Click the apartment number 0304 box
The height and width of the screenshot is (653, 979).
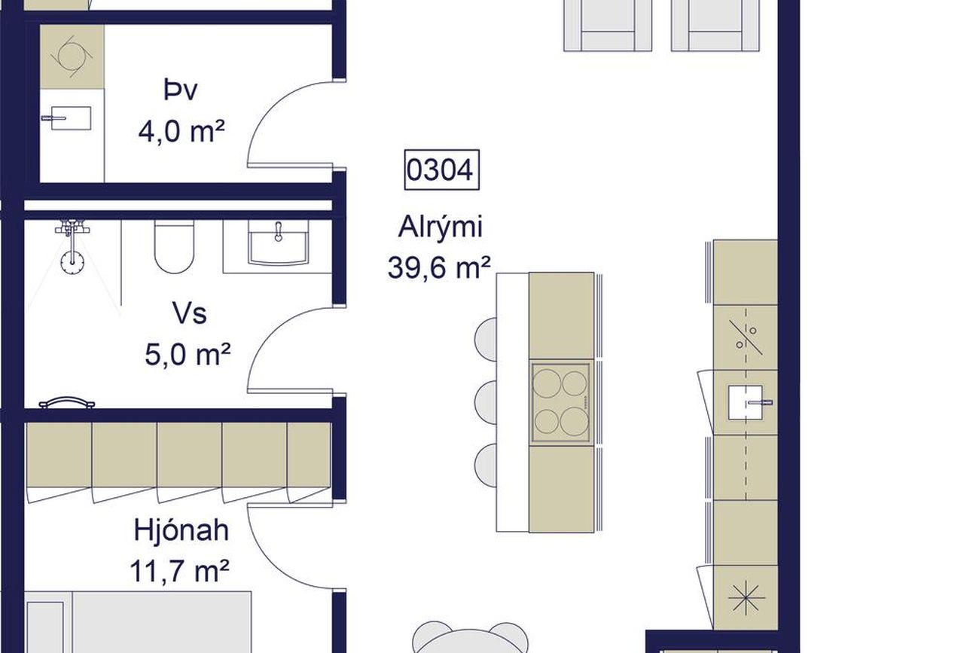click(x=441, y=169)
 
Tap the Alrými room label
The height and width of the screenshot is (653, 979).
click(x=440, y=227)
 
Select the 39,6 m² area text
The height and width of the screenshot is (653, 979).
click(x=439, y=267)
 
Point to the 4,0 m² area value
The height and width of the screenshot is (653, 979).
click(x=181, y=131)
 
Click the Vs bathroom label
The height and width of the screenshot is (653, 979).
click(x=189, y=313)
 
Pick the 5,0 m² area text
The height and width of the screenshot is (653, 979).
click(x=188, y=354)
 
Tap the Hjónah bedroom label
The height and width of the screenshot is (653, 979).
click(x=181, y=529)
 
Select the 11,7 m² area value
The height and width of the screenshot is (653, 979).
click(x=180, y=570)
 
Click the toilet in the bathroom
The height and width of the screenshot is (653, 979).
click(x=174, y=246)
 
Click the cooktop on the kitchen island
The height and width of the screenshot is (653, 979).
click(x=561, y=402)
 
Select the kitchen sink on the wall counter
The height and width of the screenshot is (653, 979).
click(x=746, y=402)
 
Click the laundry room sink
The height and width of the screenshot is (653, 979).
click(x=71, y=118)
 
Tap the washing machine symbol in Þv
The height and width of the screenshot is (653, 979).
click(x=72, y=56)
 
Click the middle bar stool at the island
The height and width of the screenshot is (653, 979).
click(x=486, y=402)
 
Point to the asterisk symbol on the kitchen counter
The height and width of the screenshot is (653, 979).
click(x=746, y=597)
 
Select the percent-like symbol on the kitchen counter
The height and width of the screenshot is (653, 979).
click(x=746, y=337)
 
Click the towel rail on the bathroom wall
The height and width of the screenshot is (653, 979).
click(x=67, y=402)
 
